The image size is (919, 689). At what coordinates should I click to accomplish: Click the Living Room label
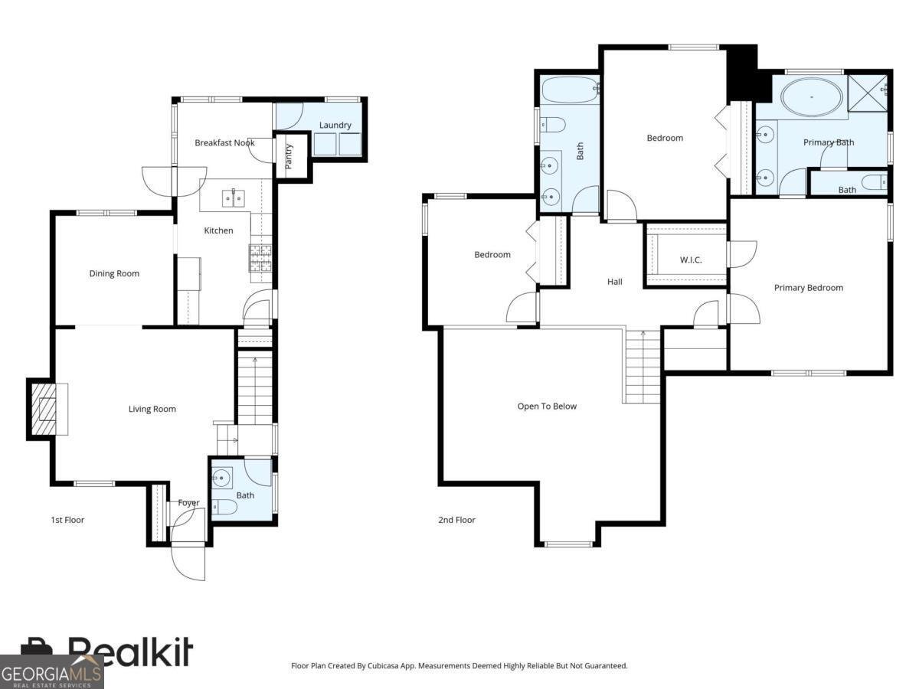[x=152, y=409]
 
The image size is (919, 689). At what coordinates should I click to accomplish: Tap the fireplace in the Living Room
[x=47, y=410]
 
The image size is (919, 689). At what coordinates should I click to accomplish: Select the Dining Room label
[x=114, y=273]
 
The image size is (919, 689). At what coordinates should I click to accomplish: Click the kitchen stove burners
[x=260, y=258]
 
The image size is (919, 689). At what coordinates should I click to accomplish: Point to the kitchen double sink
[x=234, y=198]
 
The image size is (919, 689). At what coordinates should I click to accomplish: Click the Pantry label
[x=289, y=156]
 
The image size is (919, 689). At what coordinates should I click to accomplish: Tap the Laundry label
[x=335, y=125]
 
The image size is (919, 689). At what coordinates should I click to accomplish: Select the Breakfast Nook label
[x=224, y=142]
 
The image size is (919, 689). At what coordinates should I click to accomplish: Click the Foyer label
[x=188, y=503]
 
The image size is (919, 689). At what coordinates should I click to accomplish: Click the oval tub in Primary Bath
[x=811, y=97]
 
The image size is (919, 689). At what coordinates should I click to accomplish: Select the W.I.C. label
[x=690, y=260]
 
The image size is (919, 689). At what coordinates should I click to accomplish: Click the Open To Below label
[x=547, y=406]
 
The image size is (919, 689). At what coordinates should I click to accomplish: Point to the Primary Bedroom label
[x=808, y=288]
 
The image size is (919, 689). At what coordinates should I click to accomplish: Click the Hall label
[x=614, y=282]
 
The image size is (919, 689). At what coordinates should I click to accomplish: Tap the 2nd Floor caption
[x=456, y=520]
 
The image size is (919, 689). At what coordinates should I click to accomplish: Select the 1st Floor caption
[x=67, y=520]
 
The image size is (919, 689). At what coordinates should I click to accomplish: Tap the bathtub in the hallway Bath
[x=570, y=90]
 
